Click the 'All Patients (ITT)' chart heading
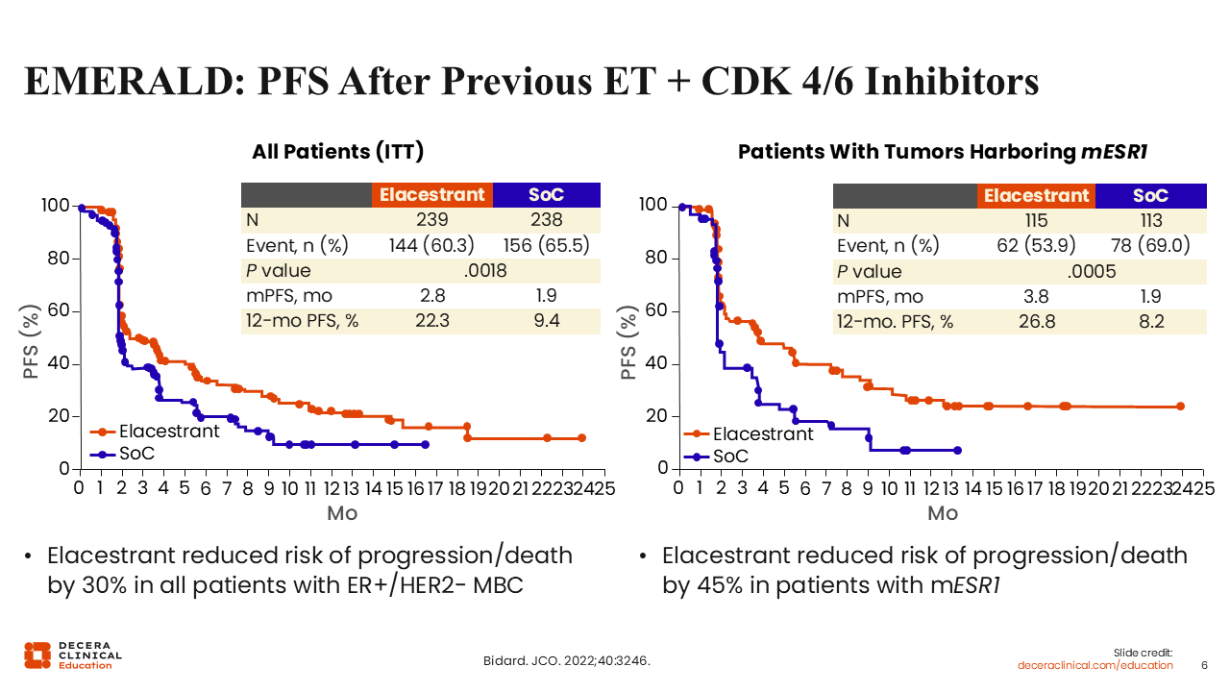[x=337, y=151]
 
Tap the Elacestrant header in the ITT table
[x=431, y=194]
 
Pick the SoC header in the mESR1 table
[x=1150, y=195]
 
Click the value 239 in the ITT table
[x=431, y=220]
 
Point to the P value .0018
[x=485, y=271]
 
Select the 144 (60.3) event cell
[x=431, y=245]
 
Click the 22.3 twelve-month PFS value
[x=431, y=321]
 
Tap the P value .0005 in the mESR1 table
[x=1092, y=271]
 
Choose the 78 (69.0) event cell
[x=1150, y=245]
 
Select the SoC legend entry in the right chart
[x=729, y=456]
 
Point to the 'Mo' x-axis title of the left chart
[x=342, y=513]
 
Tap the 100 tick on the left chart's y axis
[x=56, y=206]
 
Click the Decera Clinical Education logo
[x=73, y=654]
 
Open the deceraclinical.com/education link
[x=1095, y=665]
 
